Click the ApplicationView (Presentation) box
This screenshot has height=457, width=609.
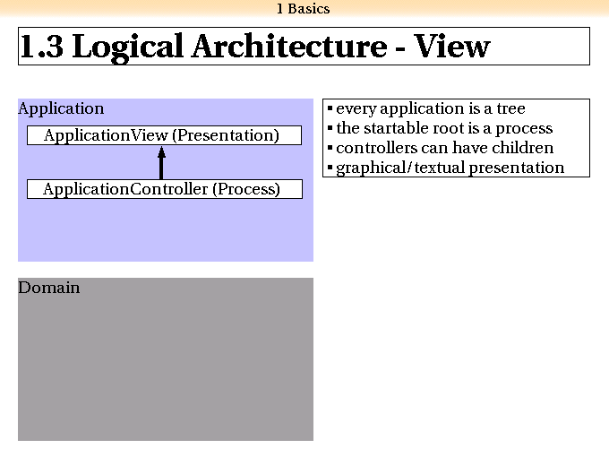point(164,135)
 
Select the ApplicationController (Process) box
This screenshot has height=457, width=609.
point(165,189)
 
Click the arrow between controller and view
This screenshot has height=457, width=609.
point(161,162)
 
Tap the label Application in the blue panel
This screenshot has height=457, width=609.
point(61,108)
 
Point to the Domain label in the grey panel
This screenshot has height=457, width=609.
point(49,288)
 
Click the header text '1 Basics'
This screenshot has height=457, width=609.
point(304,9)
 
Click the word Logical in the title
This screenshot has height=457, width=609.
point(128,47)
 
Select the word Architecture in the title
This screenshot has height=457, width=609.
point(289,47)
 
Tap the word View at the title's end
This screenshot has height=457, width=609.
point(451,47)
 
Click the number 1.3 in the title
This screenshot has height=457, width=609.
point(41,47)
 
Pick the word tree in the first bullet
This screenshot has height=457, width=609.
point(511,108)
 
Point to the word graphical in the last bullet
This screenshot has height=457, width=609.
point(371,168)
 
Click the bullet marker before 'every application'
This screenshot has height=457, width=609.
point(330,108)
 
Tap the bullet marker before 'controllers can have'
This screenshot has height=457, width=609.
point(330,148)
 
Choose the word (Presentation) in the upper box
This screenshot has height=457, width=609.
point(226,135)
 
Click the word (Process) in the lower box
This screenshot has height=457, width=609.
point(246,189)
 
